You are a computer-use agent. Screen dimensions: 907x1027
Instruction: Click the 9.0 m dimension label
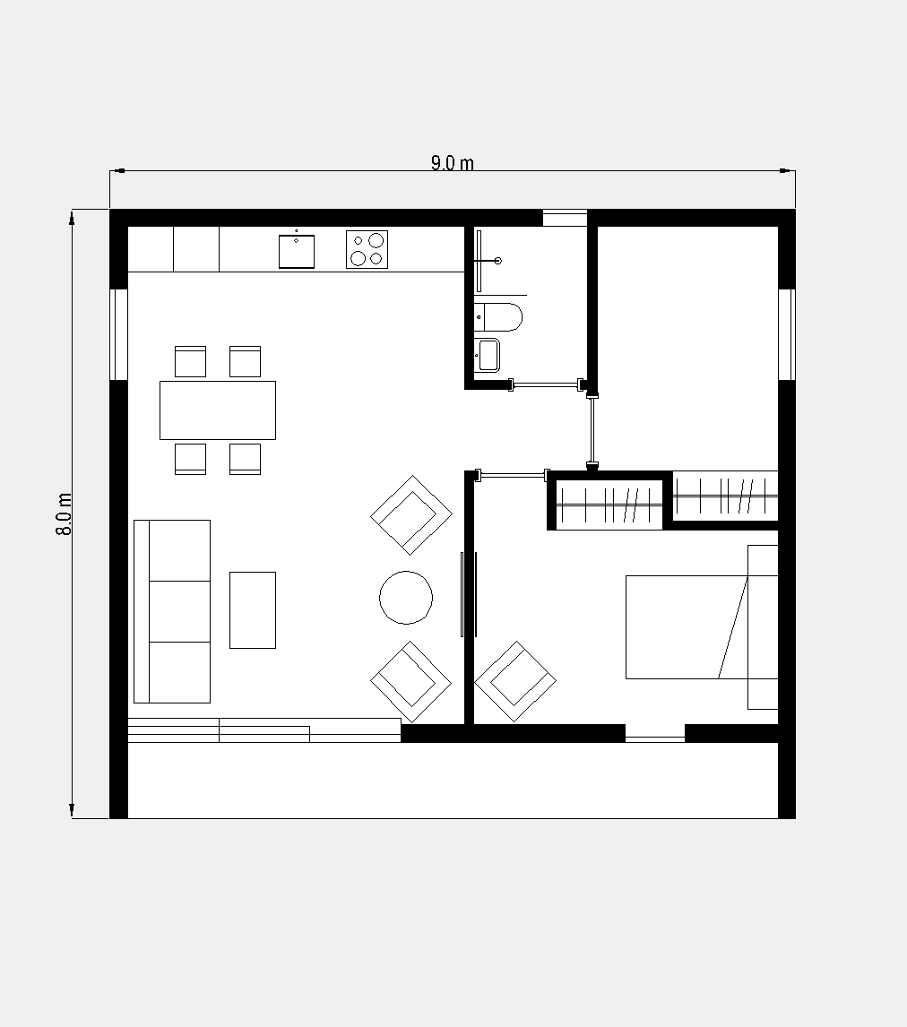point(452,163)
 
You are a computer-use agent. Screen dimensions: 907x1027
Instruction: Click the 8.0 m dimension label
point(65,514)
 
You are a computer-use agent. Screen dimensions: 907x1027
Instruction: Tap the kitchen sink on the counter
point(297,252)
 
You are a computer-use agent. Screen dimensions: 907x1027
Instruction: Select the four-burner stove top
point(367,249)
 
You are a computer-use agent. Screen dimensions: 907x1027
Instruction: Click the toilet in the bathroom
point(498,317)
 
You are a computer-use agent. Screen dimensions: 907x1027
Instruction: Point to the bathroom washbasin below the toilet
point(487,355)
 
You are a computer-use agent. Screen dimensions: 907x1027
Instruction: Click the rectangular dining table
point(218,410)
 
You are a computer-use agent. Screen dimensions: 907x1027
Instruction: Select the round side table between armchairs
point(406,598)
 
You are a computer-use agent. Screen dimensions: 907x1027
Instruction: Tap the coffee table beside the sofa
point(252,609)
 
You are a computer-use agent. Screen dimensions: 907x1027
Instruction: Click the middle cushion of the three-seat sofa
point(179,611)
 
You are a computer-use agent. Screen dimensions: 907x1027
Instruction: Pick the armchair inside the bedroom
point(515,681)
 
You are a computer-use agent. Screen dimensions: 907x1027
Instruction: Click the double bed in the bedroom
point(702,626)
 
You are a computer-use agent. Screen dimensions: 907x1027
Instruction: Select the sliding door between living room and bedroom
point(468,594)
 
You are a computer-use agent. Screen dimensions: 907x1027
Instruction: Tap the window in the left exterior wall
point(118,334)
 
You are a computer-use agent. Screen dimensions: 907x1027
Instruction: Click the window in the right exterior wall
point(787,334)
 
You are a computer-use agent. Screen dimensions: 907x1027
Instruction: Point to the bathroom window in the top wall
point(566,218)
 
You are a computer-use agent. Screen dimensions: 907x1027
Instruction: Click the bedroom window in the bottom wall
point(655,734)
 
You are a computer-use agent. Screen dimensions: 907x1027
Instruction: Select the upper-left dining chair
point(191,361)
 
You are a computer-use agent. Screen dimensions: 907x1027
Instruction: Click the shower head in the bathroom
point(498,261)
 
